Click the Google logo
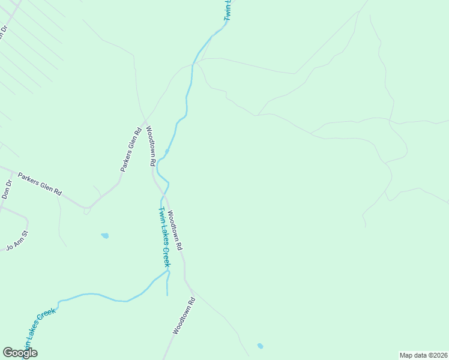(x=20, y=353)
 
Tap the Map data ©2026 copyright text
(x=423, y=355)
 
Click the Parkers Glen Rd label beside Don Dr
(x=40, y=185)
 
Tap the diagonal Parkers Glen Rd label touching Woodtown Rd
(x=130, y=150)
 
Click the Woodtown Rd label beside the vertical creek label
(x=175, y=230)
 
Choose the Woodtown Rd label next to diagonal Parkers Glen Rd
(x=150, y=146)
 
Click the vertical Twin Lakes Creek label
(x=164, y=236)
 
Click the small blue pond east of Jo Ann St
(x=105, y=236)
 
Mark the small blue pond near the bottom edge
(x=260, y=346)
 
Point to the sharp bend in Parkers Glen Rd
(x=88, y=208)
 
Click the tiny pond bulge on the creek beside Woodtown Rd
(x=166, y=151)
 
